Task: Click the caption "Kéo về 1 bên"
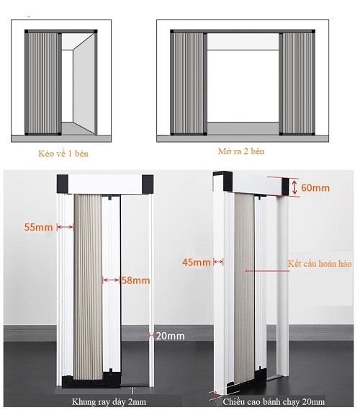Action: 63,154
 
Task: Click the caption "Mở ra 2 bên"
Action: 241,151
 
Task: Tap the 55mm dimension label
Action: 39,227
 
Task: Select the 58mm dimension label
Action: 135,280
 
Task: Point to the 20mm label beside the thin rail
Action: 170,336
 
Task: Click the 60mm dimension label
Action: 315,187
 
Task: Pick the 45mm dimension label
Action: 197,262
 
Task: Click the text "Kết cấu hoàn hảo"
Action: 320,264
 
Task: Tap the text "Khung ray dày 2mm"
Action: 109,401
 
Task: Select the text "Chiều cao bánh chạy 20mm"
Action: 274,401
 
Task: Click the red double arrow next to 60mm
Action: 294,187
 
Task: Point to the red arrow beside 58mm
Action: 111,280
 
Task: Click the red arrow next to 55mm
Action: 66,227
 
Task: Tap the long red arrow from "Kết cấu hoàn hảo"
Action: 267,271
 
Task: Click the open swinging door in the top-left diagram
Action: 84,84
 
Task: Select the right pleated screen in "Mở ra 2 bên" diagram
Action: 297,83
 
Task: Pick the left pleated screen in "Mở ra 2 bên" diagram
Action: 189,83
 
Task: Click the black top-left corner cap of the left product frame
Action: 63,184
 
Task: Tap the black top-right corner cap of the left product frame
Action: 148,184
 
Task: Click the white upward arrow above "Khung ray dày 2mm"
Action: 132,391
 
